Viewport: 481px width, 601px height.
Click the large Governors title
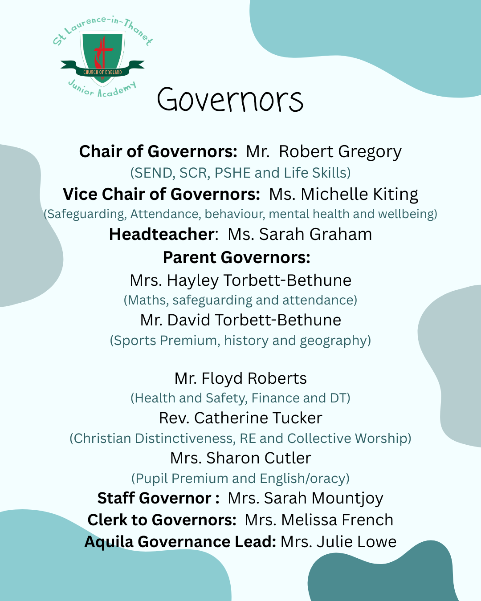click(x=230, y=100)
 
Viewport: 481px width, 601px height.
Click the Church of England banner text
click(x=102, y=72)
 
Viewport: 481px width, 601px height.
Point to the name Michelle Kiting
click(x=359, y=195)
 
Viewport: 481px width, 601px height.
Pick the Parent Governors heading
click(x=236, y=258)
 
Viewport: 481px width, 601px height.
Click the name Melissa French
click(x=337, y=520)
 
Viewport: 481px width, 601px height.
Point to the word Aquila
click(x=109, y=542)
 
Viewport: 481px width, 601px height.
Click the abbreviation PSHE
click(x=233, y=173)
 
